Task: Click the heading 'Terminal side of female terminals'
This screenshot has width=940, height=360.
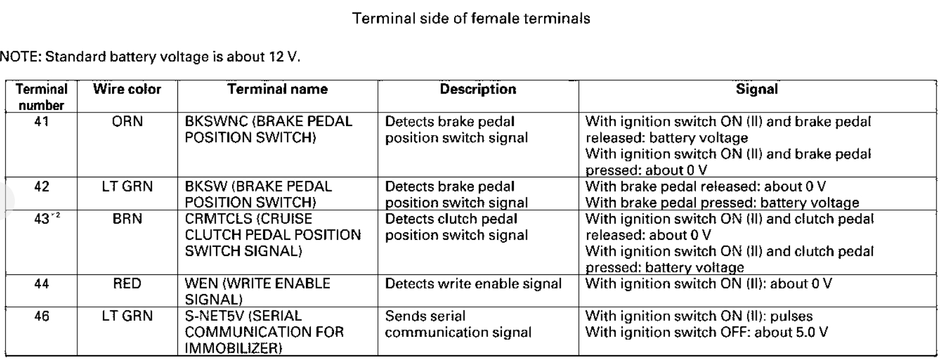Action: [471, 18]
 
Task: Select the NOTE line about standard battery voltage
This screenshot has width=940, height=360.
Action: [150, 57]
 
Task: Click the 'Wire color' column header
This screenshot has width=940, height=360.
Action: [127, 89]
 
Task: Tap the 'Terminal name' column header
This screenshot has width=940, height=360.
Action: [277, 89]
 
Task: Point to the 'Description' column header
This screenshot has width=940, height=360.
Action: [477, 89]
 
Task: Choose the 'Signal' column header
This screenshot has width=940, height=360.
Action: [757, 89]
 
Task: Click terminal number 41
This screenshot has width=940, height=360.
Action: [42, 121]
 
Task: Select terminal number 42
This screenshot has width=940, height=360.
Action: [42, 186]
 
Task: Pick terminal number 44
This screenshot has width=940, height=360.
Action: [42, 283]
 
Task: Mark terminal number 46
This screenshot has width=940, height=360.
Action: [42, 316]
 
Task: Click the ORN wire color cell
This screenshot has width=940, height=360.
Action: [127, 121]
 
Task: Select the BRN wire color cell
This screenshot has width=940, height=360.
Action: [127, 219]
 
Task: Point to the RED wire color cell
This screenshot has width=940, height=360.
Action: [127, 283]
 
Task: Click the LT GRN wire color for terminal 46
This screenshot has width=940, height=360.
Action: [127, 316]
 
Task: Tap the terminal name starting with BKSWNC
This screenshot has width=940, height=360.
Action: [268, 129]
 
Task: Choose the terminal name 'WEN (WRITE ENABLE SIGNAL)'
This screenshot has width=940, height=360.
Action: [257, 291]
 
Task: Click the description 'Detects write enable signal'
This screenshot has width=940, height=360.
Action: [473, 283]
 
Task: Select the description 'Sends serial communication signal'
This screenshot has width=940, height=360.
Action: [458, 324]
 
